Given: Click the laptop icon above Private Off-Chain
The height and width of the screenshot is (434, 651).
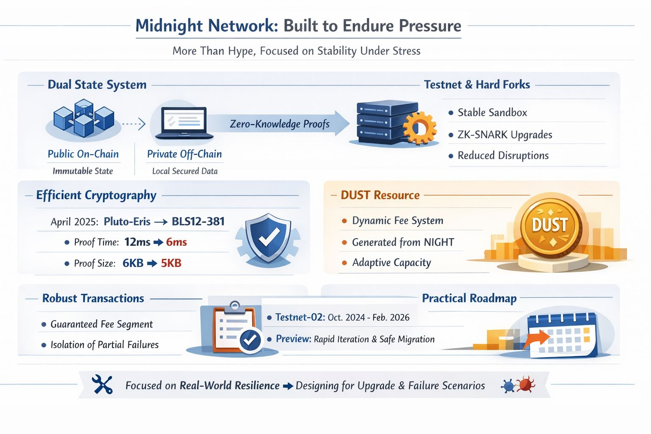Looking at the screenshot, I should (x=184, y=122).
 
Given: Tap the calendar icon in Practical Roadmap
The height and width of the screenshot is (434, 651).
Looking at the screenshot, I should (x=562, y=335).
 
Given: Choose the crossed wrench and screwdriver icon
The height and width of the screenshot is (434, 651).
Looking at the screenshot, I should (x=102, y=384).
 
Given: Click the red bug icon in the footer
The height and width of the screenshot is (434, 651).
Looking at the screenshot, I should (x=526, y=384).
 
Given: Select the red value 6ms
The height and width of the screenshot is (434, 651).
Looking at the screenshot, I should (x=176, y=242).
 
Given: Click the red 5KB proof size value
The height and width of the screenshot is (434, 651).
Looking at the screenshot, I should (x=171, y=263).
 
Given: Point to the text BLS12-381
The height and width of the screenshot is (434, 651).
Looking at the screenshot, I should (x=198, y=222).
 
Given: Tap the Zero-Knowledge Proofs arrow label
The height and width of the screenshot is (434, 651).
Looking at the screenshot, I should (x=279, y=124).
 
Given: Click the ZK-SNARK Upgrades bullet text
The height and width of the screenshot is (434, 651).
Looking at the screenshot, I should (x=504, y=135).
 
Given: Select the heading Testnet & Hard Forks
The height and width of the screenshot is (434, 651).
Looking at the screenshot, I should (x=477, y=85).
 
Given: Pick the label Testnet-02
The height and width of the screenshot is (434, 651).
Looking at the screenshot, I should (x=300, y=317).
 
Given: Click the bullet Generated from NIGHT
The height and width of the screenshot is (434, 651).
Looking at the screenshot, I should (x=403, y=242).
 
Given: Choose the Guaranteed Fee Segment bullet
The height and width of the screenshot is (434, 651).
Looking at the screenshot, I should (x=101, y=324).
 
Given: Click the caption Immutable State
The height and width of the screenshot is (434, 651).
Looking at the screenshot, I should (x=83, y=171).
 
